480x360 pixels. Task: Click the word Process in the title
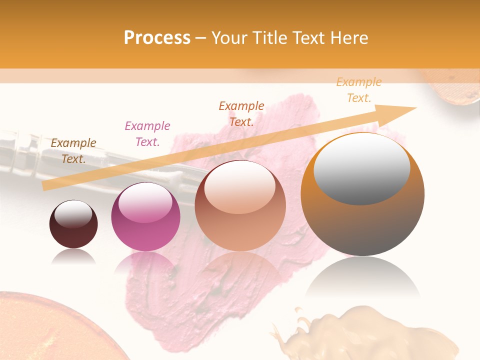pos(157,38)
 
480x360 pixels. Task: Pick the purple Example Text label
pos(147,134)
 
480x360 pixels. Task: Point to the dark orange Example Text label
pos(241,113)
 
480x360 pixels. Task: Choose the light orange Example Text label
pos(358,90)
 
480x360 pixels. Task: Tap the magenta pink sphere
pos(145,235)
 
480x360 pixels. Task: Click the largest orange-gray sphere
pos(362,225)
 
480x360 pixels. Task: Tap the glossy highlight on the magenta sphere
pos(145,202)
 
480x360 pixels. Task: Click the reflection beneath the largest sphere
pos(362,280)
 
